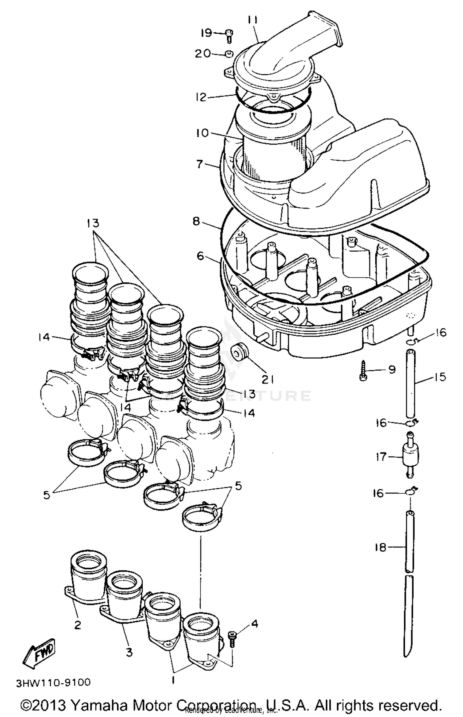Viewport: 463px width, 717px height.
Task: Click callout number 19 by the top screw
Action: click(x=206, y=33)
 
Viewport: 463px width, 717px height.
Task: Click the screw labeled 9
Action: click(x=363, y=371)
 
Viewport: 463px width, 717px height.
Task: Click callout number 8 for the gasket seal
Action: click(x=196, y=222)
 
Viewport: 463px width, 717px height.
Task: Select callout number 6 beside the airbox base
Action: click(x=201, y=256)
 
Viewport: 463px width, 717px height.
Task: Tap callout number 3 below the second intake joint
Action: click(x=129, y=652)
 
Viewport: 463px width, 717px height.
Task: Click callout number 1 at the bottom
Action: click(x=173, y=679)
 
